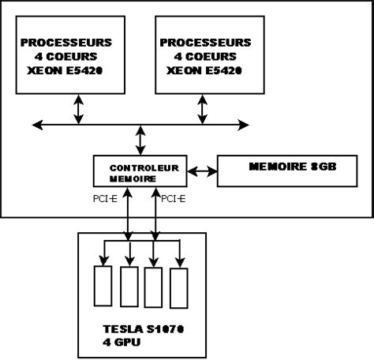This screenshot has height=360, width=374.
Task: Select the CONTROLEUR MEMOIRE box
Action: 140,173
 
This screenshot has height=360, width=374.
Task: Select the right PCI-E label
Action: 174,200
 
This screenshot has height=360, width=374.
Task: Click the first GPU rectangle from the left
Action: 103,286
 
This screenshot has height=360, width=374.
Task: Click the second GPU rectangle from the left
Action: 129,286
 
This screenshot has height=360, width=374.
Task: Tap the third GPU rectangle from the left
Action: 155,286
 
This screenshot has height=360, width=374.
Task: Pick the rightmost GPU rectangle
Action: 180,286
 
